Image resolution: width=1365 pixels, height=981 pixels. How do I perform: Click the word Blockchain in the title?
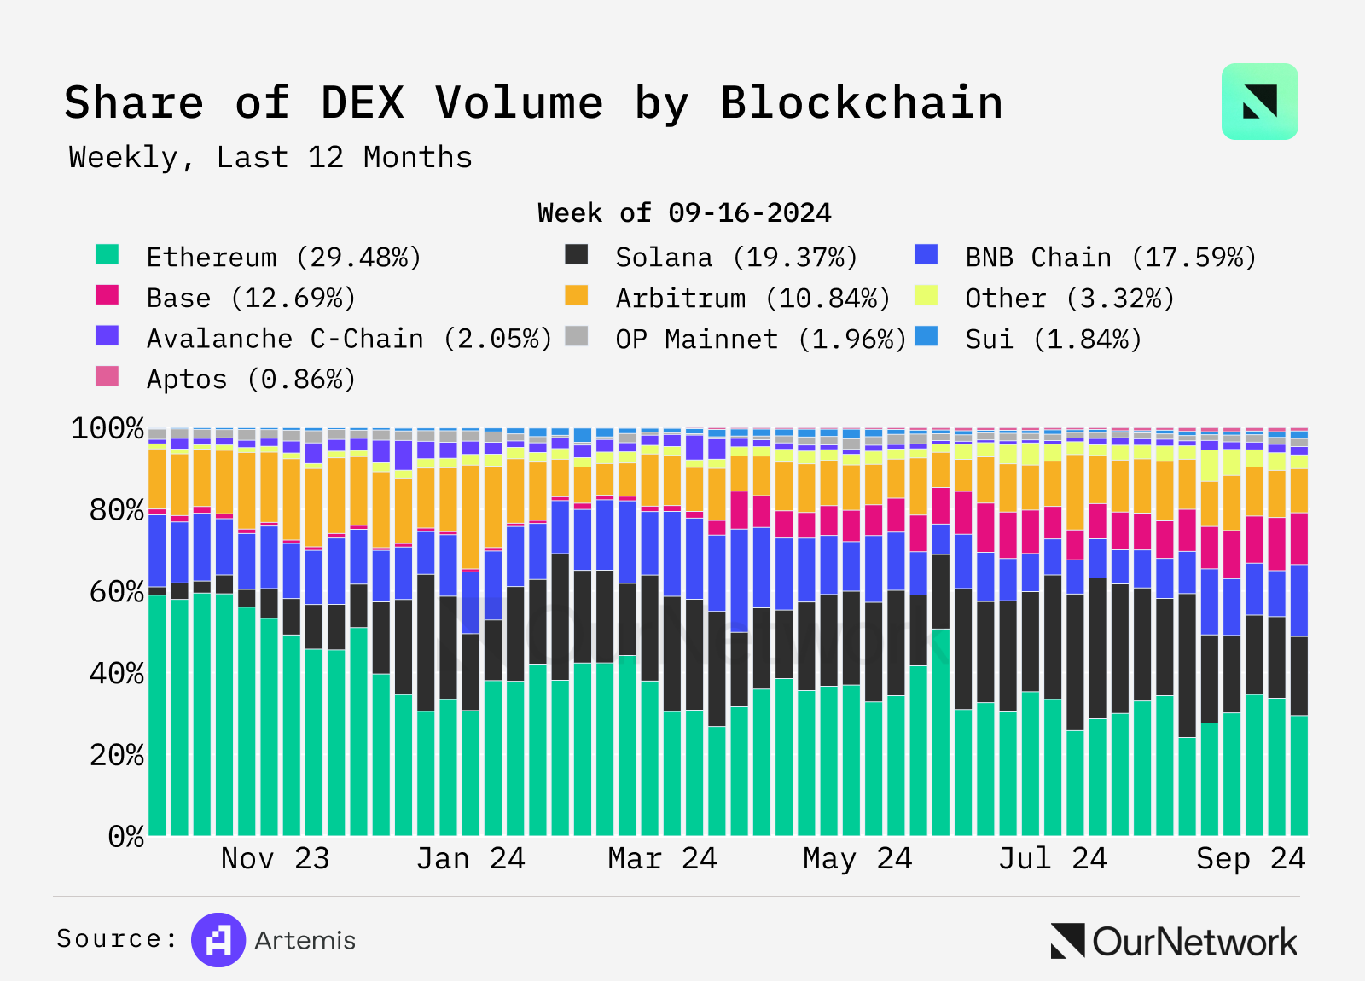(861, 103)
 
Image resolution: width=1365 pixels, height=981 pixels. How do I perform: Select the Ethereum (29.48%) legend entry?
(283, 257)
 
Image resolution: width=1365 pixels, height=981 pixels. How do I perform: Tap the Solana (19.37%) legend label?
(735, 257)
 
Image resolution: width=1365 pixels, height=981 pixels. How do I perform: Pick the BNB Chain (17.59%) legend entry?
(1110, 257)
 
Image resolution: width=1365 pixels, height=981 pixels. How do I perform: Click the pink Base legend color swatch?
(107, 295)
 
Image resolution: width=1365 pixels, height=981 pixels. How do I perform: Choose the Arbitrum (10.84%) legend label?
(752, 298)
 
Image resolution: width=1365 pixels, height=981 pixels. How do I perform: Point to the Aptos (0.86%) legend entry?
(250, 379)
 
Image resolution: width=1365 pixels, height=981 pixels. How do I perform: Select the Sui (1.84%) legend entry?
(1053, 339)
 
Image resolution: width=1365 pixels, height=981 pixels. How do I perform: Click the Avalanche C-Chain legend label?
(349, 339)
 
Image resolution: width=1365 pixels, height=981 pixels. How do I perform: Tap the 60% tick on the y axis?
(117, 592)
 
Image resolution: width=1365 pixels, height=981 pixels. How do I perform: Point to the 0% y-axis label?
(126, 836)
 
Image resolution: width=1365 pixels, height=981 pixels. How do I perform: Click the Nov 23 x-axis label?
(275, 858)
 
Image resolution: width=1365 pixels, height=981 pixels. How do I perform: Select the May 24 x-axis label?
(857, 858)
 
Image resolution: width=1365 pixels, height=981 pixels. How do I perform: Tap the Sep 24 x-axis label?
(1250, 858)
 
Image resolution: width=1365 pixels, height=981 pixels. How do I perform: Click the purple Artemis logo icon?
(218, 940)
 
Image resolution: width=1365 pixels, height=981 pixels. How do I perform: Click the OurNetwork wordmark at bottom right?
(1194, 942)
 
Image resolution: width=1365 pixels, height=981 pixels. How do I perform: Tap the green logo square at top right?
(1259, 102)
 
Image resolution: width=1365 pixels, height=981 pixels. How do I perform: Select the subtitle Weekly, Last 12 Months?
(270, 158)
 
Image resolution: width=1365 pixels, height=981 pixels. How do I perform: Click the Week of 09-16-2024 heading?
(684, 212)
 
